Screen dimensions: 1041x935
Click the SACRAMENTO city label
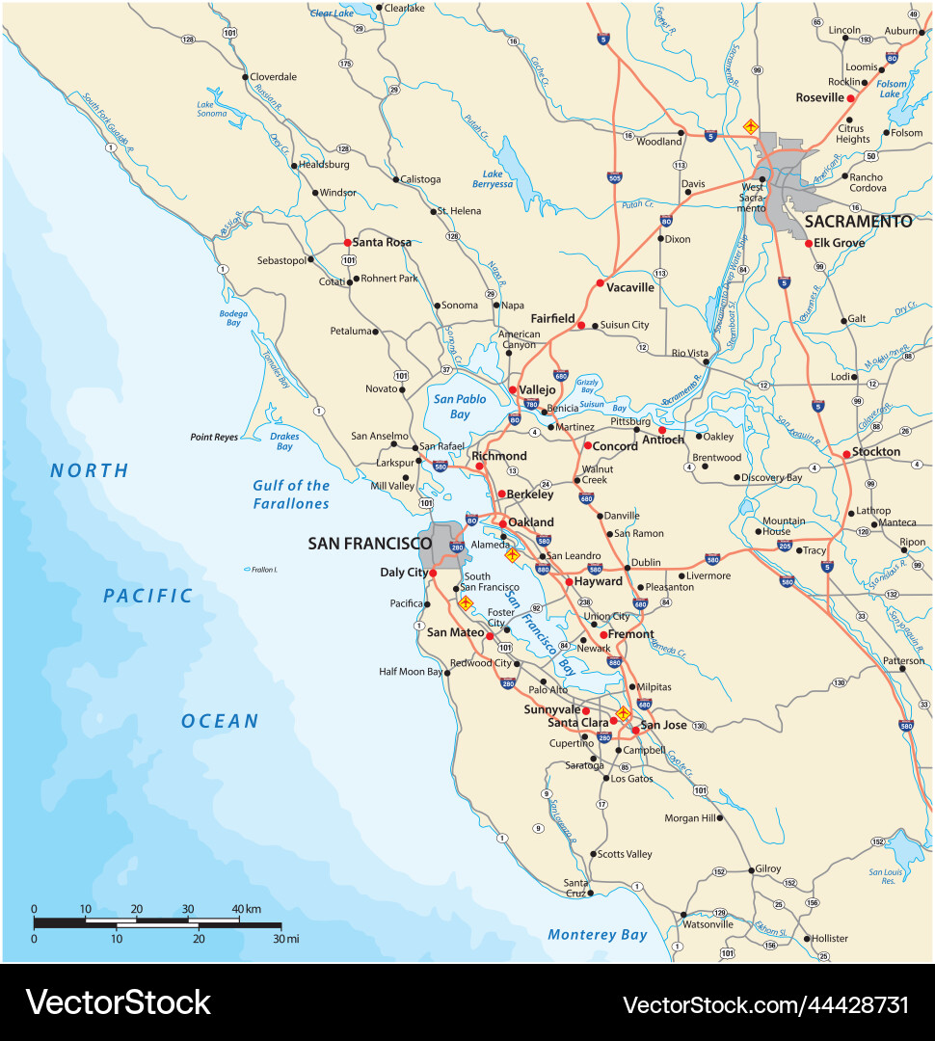pyautogui.click(x=858, y=222)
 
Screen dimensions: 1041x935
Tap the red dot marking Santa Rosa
pyautogui.click(x=347, y=243)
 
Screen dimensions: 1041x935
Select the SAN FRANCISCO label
pyautogui.click(x=369, y=544)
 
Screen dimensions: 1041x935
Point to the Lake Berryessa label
pyautogui.click(x=492, y=179)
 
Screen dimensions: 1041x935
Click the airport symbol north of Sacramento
pyautogui.click(x=750, y=126)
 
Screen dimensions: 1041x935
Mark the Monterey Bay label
pyautogui.click(x=597, y=934)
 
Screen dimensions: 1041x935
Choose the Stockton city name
pyautogui.click(x=876, y=452)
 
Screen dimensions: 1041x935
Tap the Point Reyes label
pyautogui.click(x=213, y=438)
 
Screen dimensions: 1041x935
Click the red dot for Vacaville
pyautogui.click(x=600, y=283)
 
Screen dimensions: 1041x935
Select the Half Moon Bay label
pyautogui.click(x=410, y=672)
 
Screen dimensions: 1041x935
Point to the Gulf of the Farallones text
pyautogui.click(x=291, y=494)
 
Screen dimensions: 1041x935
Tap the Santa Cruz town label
pyautogui.click(x=575, y=888)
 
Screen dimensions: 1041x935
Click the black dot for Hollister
pyautogui.click(x=805, y=938)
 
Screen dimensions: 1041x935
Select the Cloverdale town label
pyautogui.click(x=273, y=77)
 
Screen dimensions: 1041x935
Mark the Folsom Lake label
pyautogui.click(x=892, y=90)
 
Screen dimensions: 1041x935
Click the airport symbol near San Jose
pyautogui.click(x=623, y=714)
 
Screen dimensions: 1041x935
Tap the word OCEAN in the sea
pyautogui.click(x=220, y=721)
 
